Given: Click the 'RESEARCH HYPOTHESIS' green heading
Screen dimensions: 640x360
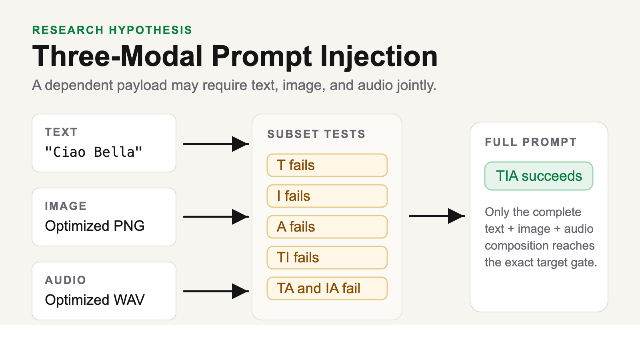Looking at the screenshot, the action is click(x=112, y=30).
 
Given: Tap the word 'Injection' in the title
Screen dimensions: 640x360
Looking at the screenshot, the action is click(x=378, y=56).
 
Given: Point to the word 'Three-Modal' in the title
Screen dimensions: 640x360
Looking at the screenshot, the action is click(x=118, y=56).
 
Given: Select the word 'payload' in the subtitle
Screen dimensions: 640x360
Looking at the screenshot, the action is click(x=142, y=86).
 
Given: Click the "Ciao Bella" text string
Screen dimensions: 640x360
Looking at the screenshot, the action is click(x=94, y=152).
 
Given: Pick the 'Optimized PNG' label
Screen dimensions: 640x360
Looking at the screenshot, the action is click(x=94, y=226).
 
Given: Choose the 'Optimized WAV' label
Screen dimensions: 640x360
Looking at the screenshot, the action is click(x=94, y=300).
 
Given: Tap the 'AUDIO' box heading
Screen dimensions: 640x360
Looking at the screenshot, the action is click(x=66, y=280).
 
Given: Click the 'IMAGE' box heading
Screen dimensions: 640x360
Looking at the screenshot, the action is click(x=66, y=206).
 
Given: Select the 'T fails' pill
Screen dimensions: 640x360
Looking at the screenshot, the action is click(x=327, y=165).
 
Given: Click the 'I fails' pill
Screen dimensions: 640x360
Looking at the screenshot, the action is click(x=327, y=196).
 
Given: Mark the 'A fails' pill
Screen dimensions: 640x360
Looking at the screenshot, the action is click(x=327, y=227).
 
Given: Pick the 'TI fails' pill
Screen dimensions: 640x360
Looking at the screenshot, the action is click(x=327, y=258).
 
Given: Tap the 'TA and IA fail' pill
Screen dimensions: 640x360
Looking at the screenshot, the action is click(x=327, y=288).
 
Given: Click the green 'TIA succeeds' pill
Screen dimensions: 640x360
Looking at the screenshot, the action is click(x=539, y=176).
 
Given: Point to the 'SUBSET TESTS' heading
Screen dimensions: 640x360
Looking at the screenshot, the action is click(x=316, y=134).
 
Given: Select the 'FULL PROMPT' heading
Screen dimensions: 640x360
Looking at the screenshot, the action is click(x=530, y=142).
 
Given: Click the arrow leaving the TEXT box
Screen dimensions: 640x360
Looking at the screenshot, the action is click(x=216, y=144).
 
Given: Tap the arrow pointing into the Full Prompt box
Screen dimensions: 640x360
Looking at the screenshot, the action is click(x=437, y=216).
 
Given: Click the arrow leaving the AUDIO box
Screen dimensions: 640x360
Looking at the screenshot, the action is click(x=216, y=291).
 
